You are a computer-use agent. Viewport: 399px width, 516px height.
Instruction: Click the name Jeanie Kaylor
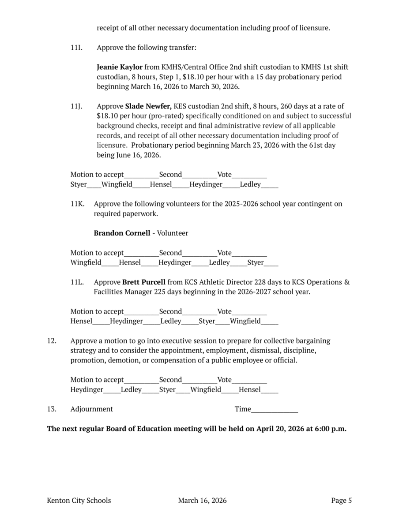tap(120, 67)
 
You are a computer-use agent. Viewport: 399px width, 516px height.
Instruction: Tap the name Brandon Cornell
tap(122, 233)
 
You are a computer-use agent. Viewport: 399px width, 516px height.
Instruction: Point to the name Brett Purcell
tap(144, 282)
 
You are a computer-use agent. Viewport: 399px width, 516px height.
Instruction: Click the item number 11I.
tap(76, 48)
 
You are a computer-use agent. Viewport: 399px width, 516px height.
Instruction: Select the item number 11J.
tap(76, 106)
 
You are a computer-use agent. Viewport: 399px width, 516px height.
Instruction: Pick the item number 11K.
tap(77, 204)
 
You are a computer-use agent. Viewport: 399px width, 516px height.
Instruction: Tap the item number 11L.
tap(77, 282)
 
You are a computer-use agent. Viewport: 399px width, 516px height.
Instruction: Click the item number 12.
tap(51, 341)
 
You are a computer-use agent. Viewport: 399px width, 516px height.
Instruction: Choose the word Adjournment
tap(91, 409)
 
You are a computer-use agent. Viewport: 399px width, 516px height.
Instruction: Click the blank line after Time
tap(274, 410)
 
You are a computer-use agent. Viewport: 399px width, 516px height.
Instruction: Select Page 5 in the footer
tap(341, 501)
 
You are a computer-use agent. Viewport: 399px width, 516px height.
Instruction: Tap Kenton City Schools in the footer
tap(79, 501)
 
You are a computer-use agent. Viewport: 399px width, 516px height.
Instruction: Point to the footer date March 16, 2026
tap(202, 501)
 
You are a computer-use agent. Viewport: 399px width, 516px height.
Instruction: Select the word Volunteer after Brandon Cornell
tap(173, 233)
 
